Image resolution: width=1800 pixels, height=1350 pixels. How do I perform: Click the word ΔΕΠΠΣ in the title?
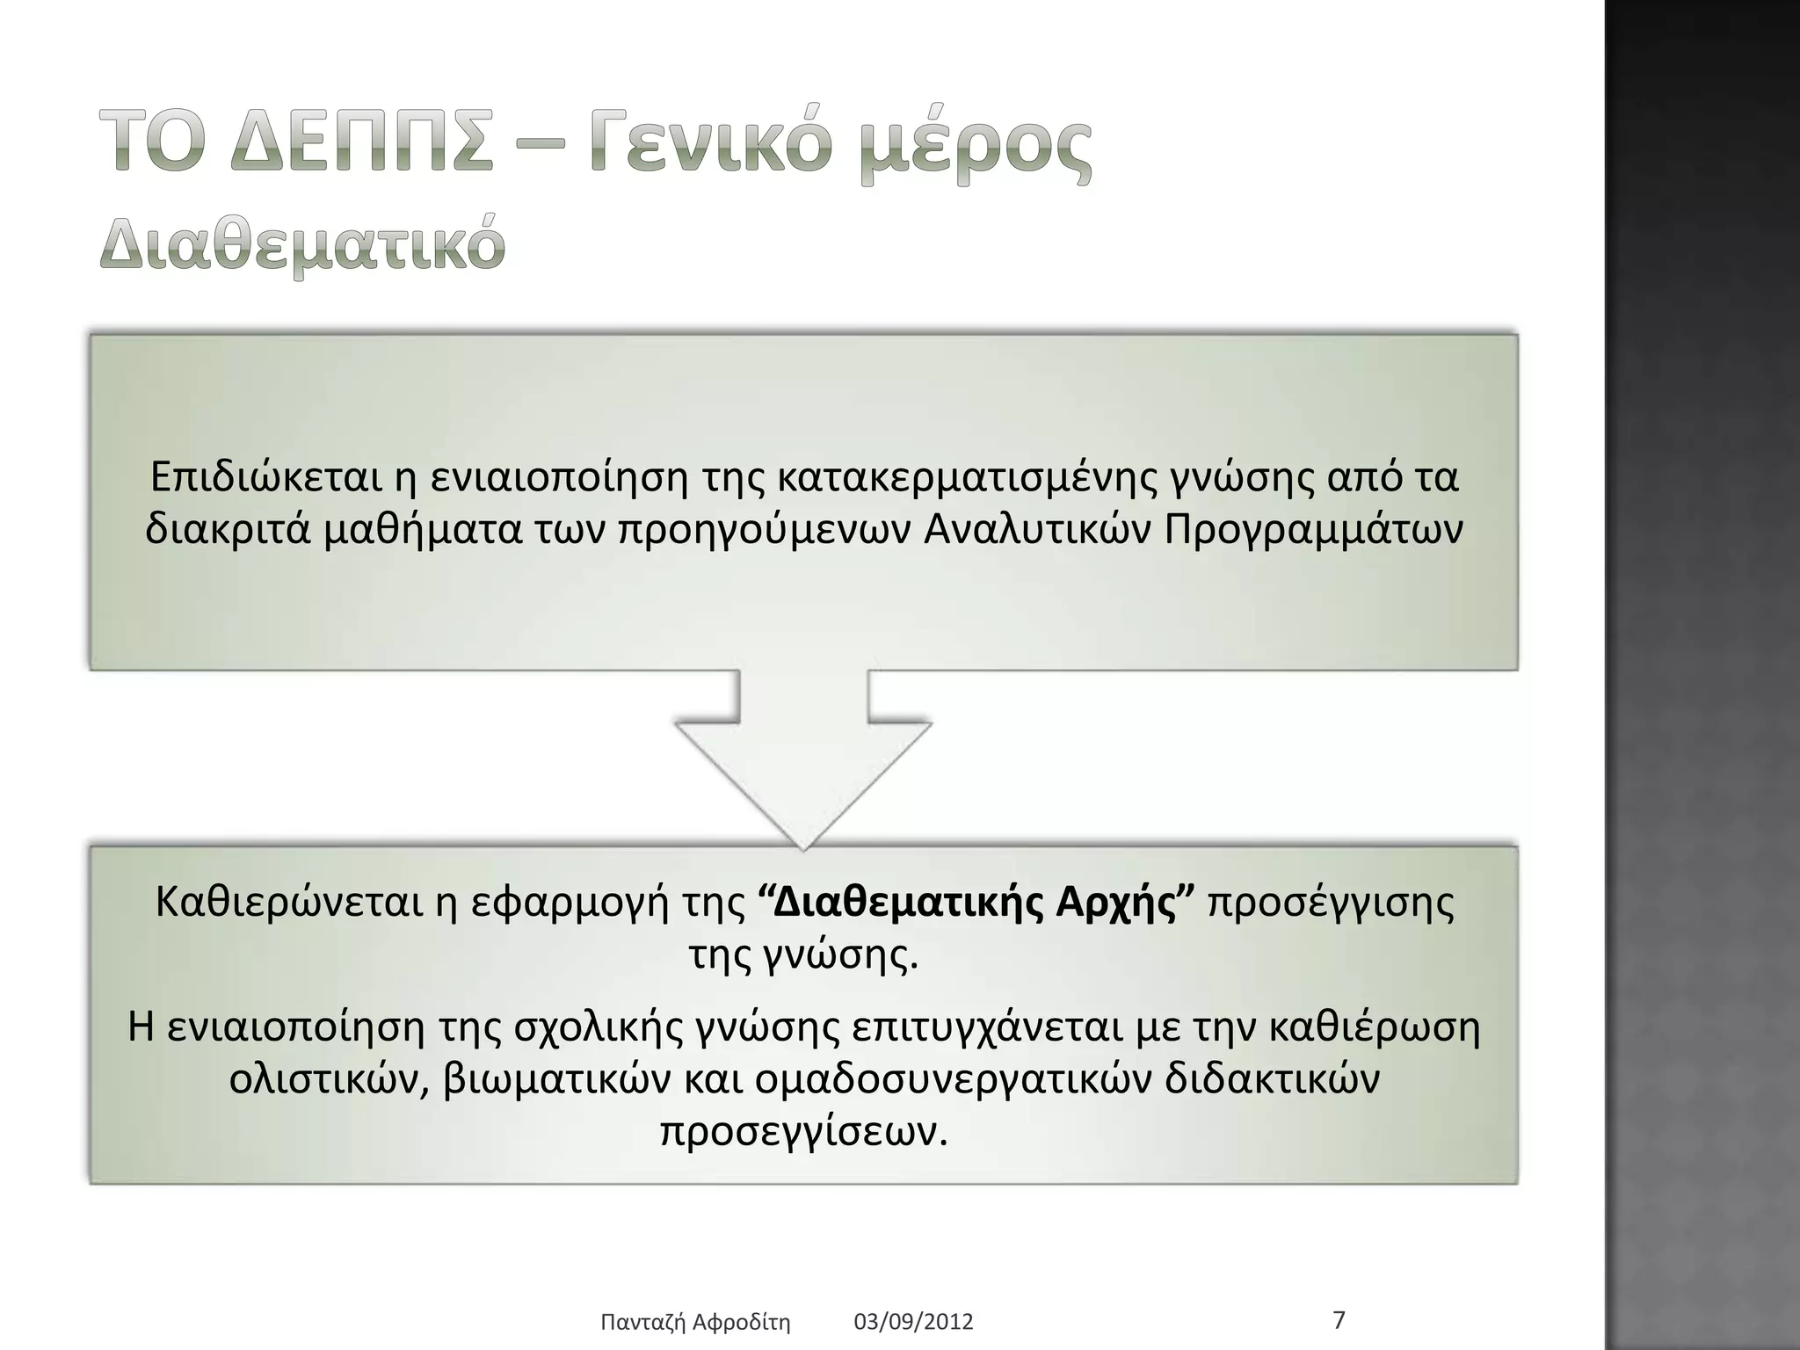(x=362, y=145)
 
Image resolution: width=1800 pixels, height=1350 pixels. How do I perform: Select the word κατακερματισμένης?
(x=969, y=477)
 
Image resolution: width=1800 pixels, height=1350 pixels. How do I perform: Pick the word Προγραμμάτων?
(x=1314, y=530)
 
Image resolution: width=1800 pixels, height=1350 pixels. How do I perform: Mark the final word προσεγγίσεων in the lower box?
(x=804, y=1133)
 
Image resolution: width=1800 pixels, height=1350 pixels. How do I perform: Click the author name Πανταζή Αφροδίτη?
(x=695, y=1322)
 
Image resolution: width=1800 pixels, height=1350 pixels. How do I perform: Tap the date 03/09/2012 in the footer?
(x=914, y=1322)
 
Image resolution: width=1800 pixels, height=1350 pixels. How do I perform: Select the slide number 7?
(x=1339, y=1320)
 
